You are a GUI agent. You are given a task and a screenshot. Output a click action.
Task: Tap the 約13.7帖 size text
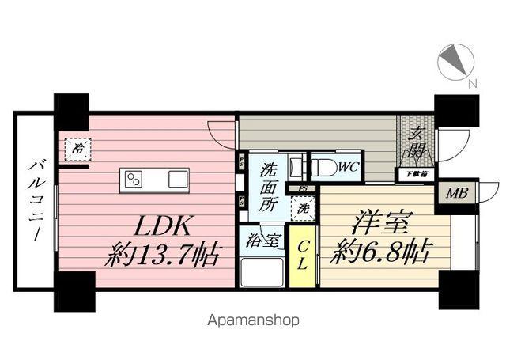164,255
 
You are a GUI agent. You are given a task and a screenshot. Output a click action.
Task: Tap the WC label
349,166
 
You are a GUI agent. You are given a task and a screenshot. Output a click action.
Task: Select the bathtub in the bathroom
262,274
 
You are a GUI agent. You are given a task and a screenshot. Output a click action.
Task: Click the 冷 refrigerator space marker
77,148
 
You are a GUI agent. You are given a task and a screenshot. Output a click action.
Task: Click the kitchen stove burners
133,180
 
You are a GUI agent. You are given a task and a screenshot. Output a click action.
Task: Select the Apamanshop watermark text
252,321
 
